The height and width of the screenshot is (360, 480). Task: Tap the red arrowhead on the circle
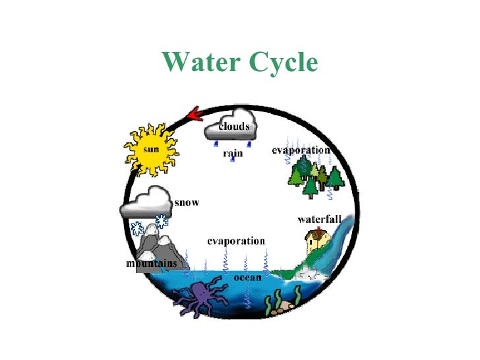[193, 115]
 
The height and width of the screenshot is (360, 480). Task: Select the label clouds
[233, 126]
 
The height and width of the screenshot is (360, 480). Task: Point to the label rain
[233, 153]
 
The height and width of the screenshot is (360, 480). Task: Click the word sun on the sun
[151, 148]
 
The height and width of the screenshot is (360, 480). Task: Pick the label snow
[187, 202]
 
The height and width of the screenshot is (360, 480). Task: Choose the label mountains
[152, 264]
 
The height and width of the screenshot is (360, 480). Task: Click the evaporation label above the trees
[301, 150]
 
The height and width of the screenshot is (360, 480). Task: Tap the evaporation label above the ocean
[236, 241]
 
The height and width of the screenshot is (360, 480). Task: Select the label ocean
[247, 278]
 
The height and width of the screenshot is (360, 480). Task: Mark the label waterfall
[318, 219]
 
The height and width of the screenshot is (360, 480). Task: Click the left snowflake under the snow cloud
[137, 229]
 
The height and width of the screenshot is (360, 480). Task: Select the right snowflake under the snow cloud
[160, 221]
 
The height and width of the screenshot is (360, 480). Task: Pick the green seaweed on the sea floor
[268, 305]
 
